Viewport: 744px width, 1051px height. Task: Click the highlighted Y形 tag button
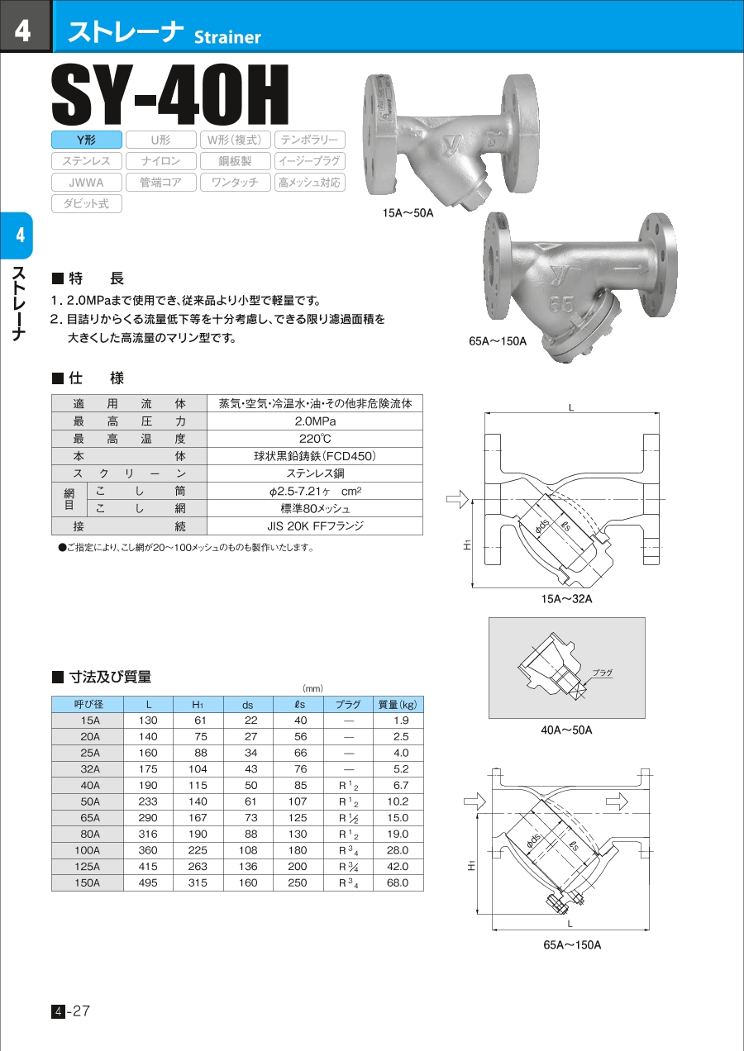click(x=87, y=140)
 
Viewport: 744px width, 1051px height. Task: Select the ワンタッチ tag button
click(x=234, y=183)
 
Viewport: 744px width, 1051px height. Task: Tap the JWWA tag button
click(x=87, y=183)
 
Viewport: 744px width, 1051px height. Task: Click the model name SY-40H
click(x=170, y=95)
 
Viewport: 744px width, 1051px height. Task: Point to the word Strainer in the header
click(x=227, y=37)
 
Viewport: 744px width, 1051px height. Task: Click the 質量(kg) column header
click(x=398, y=705)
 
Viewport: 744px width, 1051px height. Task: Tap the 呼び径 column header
click(x=88, y=705)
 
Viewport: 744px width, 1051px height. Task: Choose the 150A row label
click(x=88, y=882)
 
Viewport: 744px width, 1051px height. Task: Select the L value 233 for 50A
click(x=148, y=801)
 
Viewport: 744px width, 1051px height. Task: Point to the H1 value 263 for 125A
click(x=198, y=867)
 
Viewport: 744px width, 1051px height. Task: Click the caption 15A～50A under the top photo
click(x=408, y=213)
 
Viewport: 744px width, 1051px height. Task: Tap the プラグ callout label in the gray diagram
click(x=602, y=673)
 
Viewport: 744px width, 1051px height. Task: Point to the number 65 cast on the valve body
click(x=561, y=306)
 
